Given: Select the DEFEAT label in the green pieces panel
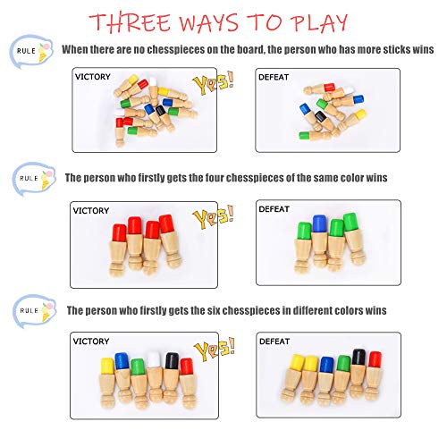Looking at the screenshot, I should coord(274,211).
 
